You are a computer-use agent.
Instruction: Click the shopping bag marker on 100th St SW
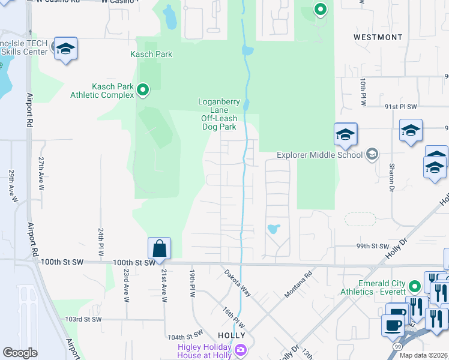pos(160,248)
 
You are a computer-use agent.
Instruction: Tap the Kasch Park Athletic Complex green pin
pos(143,91)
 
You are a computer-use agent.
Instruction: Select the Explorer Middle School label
pos(319,155)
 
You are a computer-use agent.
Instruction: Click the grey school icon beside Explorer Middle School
pos(372,155)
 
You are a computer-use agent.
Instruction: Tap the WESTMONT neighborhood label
pos(378,37)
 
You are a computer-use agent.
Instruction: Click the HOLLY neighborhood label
pos(231,335)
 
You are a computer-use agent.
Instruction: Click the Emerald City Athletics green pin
pos(414,286)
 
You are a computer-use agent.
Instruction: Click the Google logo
pos(20,353)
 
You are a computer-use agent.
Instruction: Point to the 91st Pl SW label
pos(400,106)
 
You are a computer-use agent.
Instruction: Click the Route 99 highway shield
pos(397,347)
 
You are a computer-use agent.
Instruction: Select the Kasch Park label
pos(152,54)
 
